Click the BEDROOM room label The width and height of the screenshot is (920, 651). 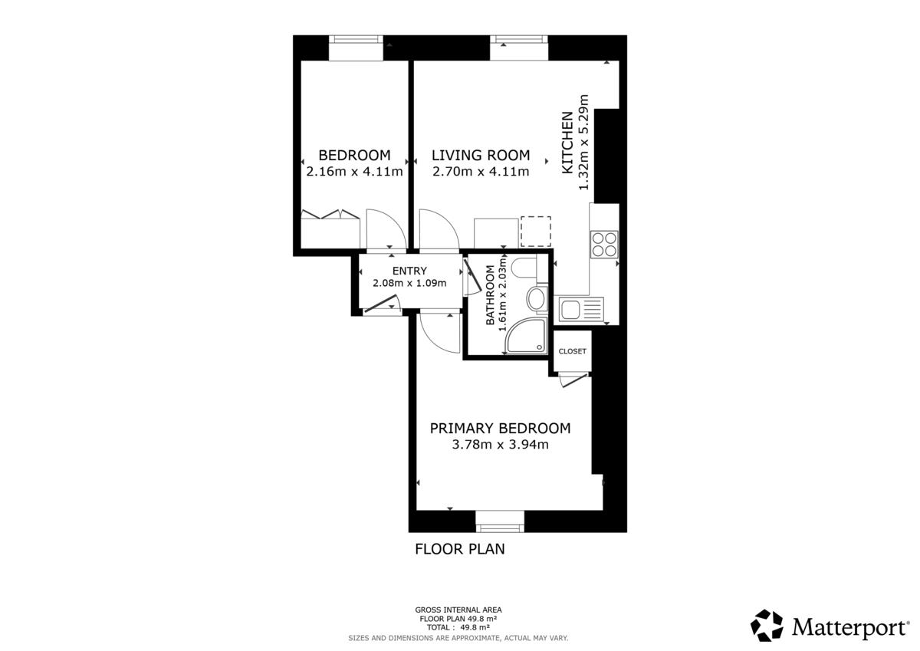(354, 155)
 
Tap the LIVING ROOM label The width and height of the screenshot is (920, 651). (481, 155)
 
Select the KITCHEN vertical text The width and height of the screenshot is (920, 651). (567, 142)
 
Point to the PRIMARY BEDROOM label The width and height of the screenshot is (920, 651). (500, 429)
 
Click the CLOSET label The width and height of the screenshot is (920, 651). (573, 351)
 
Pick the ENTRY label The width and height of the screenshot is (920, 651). (409, 271)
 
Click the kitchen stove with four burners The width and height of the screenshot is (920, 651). (604, 245)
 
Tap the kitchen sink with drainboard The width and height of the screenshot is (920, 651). (582, 309)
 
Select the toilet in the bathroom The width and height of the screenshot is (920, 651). (524, 267)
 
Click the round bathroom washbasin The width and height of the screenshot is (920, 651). (536, 298)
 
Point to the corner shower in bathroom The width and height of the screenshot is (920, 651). (527, 335)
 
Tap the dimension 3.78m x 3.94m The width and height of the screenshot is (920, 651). (500, 445)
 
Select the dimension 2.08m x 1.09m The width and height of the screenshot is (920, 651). (409, 283)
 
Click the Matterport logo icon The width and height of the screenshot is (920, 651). (767, 626)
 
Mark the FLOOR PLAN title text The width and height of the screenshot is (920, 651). (460, 549)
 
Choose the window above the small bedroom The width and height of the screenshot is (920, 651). (356, 48)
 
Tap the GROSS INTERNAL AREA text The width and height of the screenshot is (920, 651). (458, 610)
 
